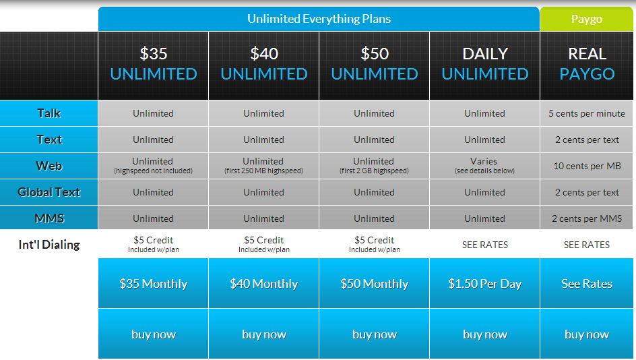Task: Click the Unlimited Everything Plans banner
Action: (319, 19)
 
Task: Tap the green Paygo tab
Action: (587, 19)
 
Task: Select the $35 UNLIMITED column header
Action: (154, 65)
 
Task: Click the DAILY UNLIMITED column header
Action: (484, 65)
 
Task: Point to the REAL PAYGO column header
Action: (587, 65)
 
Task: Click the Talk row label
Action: (49, 113)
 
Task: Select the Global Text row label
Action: (49, 192)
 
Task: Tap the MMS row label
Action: (49, 218)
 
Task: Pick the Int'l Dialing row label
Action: (49, 244)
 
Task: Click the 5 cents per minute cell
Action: (587, 113)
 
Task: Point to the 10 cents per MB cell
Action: (587, 166)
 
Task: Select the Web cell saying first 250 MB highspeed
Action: (263, 166)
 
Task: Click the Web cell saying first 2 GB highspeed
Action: (374, 166)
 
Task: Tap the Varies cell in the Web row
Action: (484, 166)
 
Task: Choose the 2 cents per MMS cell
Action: (587, 218)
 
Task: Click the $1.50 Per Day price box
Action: (484, 283)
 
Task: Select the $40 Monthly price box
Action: (263, 283)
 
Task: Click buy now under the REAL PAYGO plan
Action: (587, 334)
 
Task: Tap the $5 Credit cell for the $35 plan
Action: (154, 244)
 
